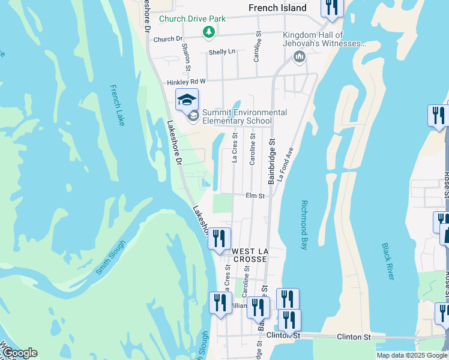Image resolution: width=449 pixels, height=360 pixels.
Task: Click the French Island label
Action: pos(277,8)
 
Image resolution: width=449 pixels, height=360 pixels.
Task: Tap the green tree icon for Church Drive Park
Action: pos(208,32)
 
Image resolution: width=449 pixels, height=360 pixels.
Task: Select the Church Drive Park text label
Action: pos(192,19)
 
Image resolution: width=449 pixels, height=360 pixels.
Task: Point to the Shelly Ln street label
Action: pos(222,52)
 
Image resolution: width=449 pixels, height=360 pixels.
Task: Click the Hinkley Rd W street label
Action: pos(186,81)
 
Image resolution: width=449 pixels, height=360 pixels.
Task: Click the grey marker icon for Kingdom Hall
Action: pos(299,57)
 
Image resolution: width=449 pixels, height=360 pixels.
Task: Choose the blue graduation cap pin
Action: pos(187,99)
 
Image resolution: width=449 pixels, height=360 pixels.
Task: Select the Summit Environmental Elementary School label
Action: pos(236,116)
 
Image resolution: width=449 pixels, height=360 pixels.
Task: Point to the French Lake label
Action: pos(118,106)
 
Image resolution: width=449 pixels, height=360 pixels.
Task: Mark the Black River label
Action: pos(388,261)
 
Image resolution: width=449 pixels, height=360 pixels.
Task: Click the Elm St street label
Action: pos(255,196)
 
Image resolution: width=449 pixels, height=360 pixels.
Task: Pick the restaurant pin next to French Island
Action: pos(331,7)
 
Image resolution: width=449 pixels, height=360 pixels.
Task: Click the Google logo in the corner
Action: pos(19,353)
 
